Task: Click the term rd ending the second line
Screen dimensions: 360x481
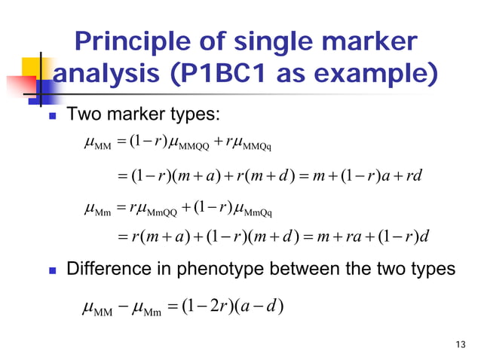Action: tap(414, 176)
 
